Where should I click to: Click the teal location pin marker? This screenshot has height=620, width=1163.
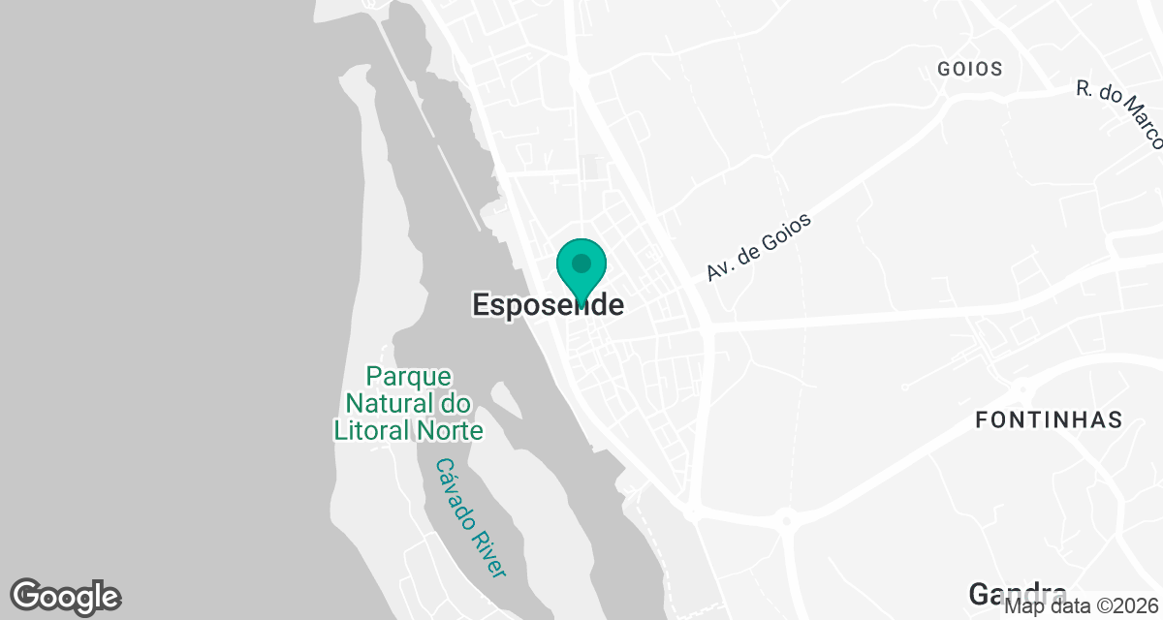(581, 270)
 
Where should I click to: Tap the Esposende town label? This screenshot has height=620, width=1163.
(548, 305)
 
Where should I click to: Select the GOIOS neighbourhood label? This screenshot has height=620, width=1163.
(969, 70)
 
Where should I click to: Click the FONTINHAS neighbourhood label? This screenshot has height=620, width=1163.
(1049, 420)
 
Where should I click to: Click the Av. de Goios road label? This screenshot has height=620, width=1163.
(758, 248)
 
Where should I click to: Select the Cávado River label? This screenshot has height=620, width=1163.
(470, 518)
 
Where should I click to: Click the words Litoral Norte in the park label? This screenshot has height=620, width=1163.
(408, 430)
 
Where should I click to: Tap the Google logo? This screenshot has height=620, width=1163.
(65, 597)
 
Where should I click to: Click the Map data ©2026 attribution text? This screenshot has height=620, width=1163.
(1081, 607)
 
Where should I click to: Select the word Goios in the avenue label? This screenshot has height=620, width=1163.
(781, 233)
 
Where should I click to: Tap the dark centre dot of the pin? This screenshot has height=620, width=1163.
(581, 263)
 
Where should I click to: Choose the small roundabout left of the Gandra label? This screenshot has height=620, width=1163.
(786, 521)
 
